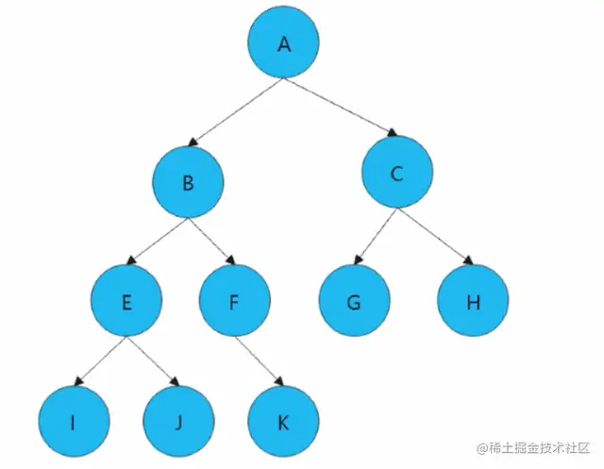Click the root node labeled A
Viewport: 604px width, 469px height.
click(x=284, y=44)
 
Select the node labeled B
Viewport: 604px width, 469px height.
click(x=190, y=183)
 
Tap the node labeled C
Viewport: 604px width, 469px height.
click(x=397, y=174)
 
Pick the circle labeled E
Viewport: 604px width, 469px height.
click(x=126, y=303)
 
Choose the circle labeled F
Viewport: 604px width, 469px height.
click(x=235, y=303)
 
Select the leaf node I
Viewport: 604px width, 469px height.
click(x=74, y=422)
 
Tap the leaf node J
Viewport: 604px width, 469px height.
click(x=177, y=422)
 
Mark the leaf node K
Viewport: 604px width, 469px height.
click(x=283, y=422)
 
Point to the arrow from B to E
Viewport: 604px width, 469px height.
click(x=159, y=243)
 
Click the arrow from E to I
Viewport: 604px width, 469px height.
click(x=99, y=362)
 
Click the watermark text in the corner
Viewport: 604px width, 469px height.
click(x=532, y=446)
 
